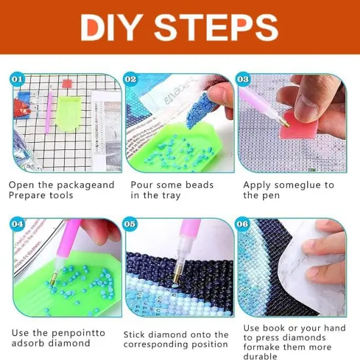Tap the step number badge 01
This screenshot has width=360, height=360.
point(18,80)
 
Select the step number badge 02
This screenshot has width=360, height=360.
point(131,80)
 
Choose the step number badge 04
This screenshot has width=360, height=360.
point(18,225)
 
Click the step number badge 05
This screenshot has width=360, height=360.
point(131,225)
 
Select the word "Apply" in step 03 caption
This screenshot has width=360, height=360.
point(258,185)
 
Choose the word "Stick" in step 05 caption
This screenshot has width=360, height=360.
point(137,334)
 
